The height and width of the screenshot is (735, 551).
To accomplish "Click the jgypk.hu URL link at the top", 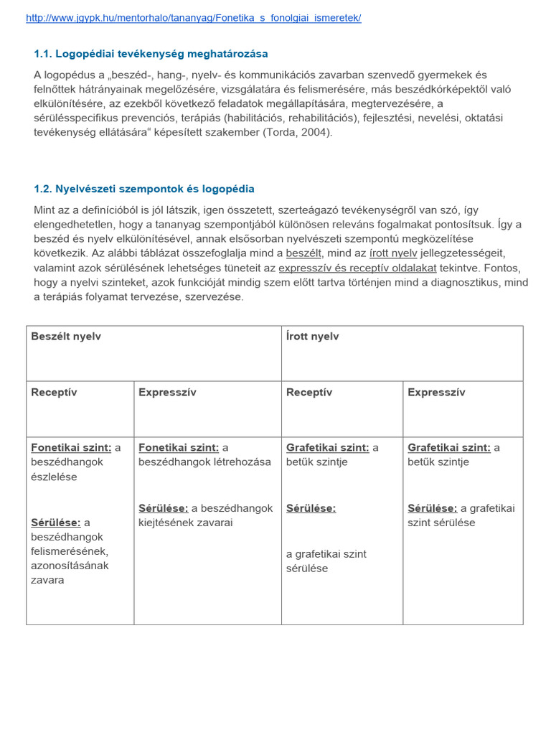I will [193, 18].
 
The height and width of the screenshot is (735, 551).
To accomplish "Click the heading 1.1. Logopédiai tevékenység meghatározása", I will [151, 54].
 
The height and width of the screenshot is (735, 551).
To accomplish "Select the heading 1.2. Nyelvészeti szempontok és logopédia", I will [143, 189].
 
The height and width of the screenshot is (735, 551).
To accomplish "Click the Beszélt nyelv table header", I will [66, 337].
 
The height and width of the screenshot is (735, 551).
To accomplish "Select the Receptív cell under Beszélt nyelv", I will [54, 393].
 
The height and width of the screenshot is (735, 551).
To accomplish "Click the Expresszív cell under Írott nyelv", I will [436, 393].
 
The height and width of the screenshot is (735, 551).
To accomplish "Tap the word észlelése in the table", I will [54, 477].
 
